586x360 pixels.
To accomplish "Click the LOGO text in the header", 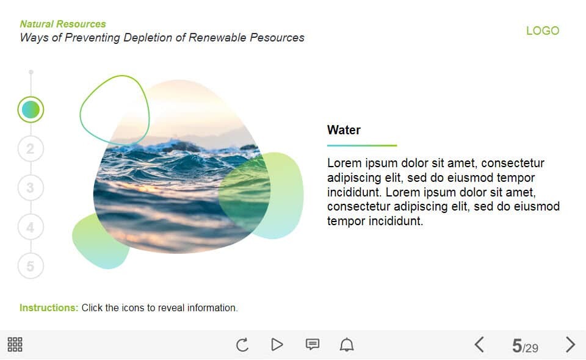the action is point(543,31).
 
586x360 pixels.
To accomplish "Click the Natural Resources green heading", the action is point(63,24).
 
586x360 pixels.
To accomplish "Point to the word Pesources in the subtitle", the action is point(277,37).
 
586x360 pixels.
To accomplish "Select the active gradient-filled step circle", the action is point(31,109).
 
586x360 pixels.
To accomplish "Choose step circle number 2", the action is point(31,149).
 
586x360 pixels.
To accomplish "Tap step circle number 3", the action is point(31,187).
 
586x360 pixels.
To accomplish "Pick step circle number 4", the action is point(31,227).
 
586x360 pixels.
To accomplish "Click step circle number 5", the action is point(31,266).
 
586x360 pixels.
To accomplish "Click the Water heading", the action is point(344,130).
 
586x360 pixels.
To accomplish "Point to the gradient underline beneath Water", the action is point(362,145).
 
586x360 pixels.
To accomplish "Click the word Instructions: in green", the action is point(49,308).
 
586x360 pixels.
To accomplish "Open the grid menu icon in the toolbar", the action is point(15,344).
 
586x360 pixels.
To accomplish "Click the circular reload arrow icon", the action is point(242,345).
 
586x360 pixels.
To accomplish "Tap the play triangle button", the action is point(277,344).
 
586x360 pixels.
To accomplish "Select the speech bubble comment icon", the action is point(313,344).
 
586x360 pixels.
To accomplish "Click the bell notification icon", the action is point(347,344).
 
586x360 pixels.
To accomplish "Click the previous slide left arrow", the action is point(479,345).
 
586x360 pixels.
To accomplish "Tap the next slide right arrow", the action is point(570,345).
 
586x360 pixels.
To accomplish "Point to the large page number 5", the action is point(517,346).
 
